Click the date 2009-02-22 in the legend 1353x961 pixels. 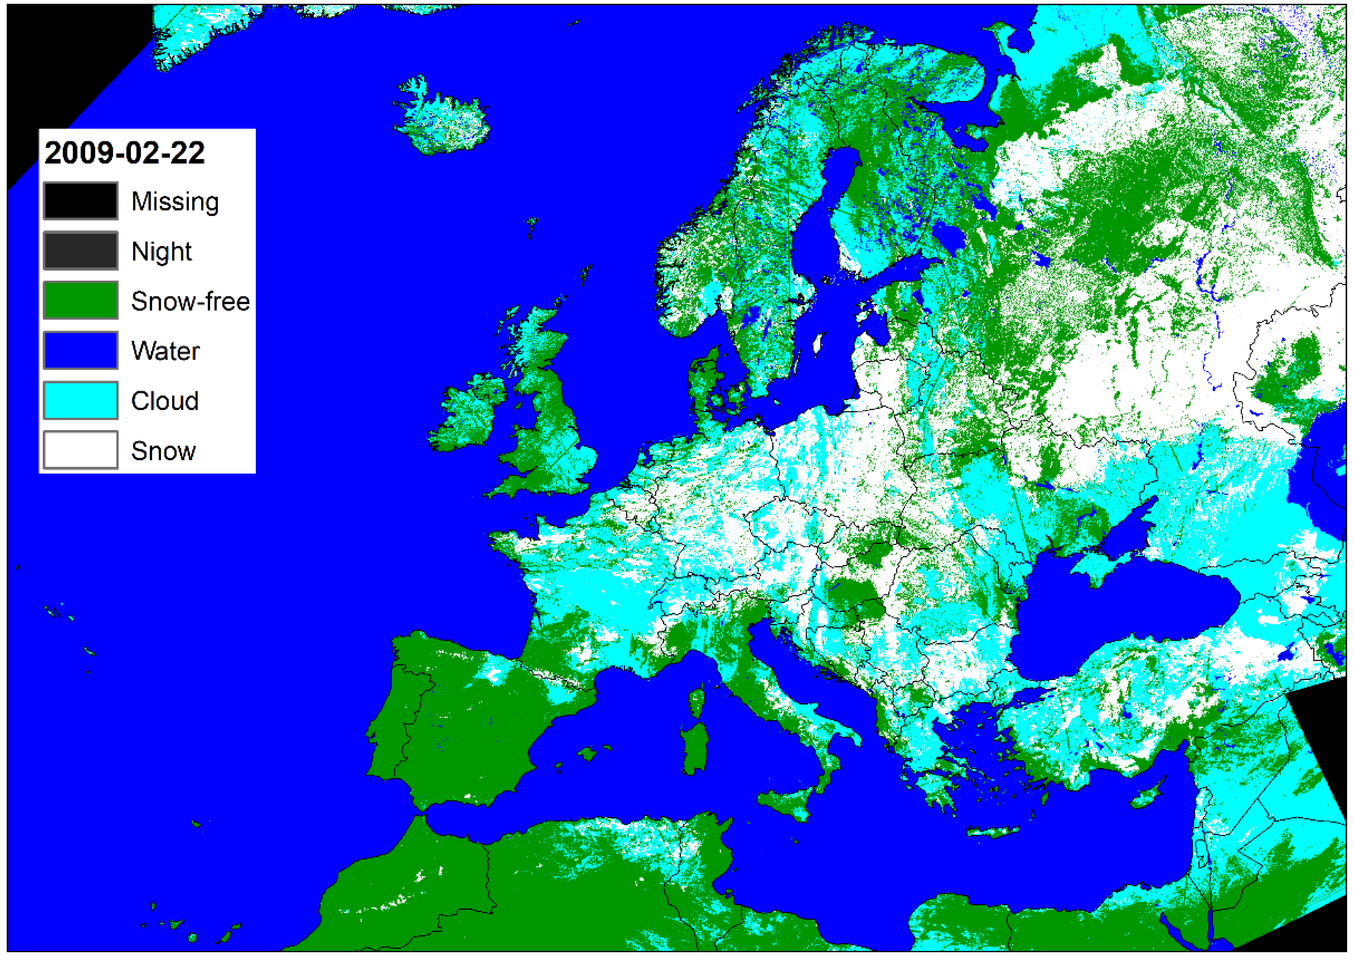tap(124, 153)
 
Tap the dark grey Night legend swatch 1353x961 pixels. tap(81, 251)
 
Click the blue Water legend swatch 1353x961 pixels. tap(81, 350)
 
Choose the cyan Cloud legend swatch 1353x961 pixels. tap(81, 401)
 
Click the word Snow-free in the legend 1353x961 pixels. tap(190, 301)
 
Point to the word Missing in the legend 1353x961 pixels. tap(175, 202)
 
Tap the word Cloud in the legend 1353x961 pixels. tap(164, 401)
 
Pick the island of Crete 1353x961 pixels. tap(993, 832)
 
